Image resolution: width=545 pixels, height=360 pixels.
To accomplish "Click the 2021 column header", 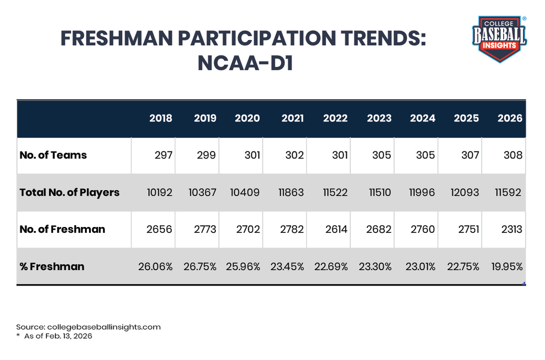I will tap(293, 118).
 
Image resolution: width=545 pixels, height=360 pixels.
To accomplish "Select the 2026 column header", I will tap(510, 118).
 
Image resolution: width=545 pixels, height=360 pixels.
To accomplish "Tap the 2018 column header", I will tap(161, 118).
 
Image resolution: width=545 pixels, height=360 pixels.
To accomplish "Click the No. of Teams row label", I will tap(53, 155).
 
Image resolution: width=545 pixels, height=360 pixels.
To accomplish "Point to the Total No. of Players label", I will tap(69, 192).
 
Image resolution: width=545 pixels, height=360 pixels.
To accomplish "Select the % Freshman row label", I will tap(52, 266).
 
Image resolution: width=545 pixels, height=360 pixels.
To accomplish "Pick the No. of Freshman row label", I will tap(62, 229).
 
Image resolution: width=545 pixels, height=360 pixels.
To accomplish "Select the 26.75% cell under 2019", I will tap(199, 266).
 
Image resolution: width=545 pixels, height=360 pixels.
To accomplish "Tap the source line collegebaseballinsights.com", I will tap(88, 327).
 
